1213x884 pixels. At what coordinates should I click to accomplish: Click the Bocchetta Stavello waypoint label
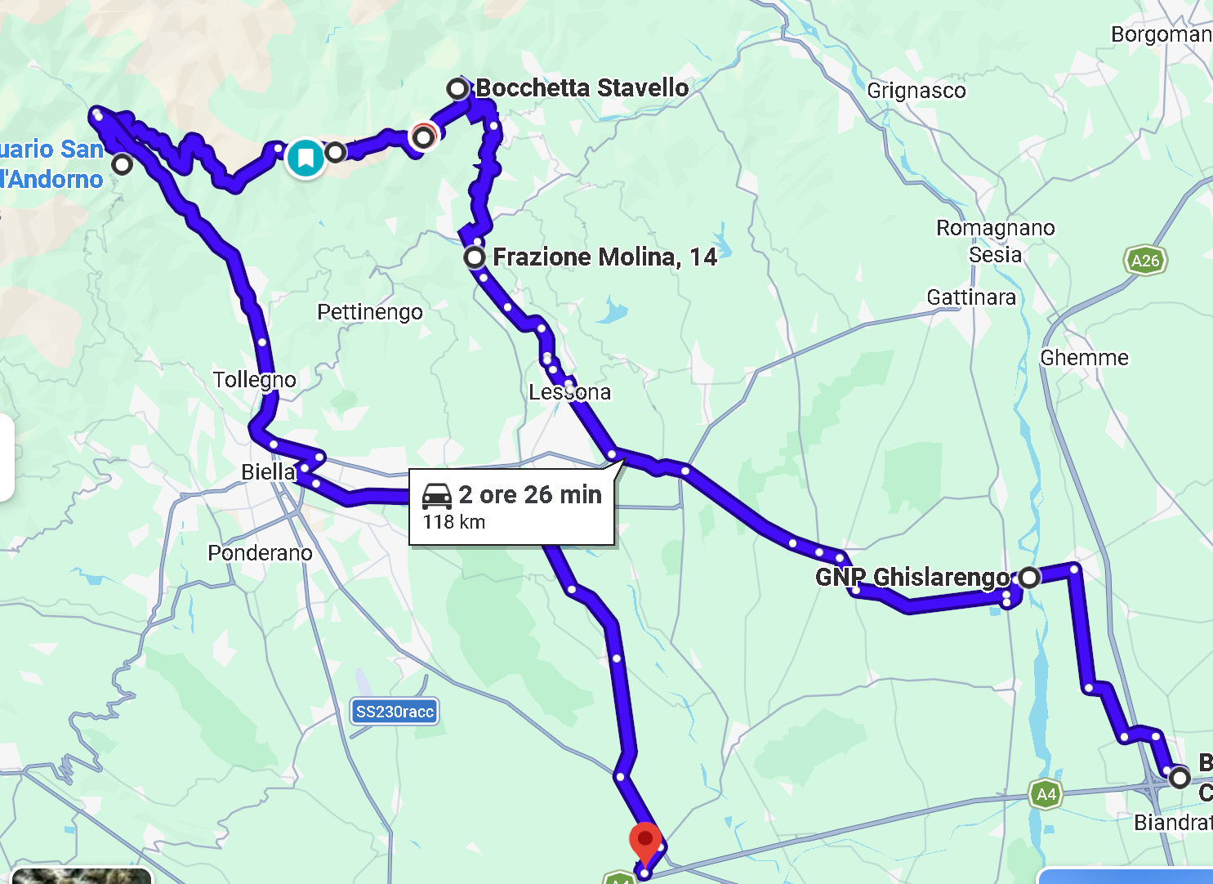582,88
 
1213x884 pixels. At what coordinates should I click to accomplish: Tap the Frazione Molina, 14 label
604,257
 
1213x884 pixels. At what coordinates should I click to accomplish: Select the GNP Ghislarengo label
912,577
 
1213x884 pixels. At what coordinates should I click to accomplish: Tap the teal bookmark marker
305,157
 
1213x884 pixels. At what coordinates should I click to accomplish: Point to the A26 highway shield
1145,261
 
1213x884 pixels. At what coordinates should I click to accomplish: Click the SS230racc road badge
395,712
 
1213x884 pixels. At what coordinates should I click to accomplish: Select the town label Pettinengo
370,312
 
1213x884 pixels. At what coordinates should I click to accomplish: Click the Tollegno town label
255,380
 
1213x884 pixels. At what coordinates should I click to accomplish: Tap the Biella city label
267,471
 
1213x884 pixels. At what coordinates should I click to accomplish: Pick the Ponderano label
260,553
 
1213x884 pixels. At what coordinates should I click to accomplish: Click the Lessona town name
569,392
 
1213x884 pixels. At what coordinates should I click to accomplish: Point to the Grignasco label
916,91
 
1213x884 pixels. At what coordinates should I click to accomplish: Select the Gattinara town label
971,297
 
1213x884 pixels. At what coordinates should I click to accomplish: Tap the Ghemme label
1084,358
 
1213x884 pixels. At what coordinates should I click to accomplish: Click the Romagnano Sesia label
996,241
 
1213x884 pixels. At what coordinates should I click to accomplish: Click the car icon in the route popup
437,495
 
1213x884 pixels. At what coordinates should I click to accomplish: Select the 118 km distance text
454,522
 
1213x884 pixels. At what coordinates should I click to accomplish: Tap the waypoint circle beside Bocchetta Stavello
457,88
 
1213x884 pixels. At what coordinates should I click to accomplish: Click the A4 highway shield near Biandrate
1046,794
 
